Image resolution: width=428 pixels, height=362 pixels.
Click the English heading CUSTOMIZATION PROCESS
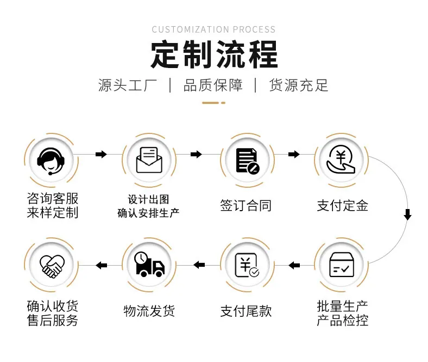click(x=213, y=29)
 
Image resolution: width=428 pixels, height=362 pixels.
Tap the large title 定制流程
click(x=215, y=54)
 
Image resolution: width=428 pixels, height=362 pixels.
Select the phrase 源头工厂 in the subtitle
click(x=128, y=85)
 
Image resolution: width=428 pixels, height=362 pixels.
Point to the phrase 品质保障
click(x=213, y=85)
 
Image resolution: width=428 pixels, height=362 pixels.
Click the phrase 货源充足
click(x=299, y=85)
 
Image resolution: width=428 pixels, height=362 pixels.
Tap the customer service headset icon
click(x=51, y=161)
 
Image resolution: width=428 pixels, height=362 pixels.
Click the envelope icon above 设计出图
click(x=149, y=160)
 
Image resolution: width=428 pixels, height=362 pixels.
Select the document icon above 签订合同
click(x=248, y=161)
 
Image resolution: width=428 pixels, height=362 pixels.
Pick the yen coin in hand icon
click(x=341, y=160)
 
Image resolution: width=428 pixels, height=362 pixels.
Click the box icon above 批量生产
click(x=342, y=265)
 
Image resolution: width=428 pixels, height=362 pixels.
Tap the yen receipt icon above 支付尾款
click(x=247, y=265)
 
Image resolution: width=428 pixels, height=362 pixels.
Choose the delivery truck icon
click(x=149, y=264)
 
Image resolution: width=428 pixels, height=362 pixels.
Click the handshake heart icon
click(x=52, y=266)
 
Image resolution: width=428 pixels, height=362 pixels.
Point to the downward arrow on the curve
click(x=407, y=214)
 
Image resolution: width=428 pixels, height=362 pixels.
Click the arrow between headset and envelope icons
click(x=101, y=154)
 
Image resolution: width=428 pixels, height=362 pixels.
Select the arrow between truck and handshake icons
click(x=101, y=265)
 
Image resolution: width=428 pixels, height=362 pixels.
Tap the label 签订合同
click(x=246, y=205)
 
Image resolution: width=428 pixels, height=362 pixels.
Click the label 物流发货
click(x=149, y=311)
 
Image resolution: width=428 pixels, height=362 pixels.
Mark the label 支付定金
click(x=342, y=205)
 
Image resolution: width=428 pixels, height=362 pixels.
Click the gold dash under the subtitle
click(x=213, y=103)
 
